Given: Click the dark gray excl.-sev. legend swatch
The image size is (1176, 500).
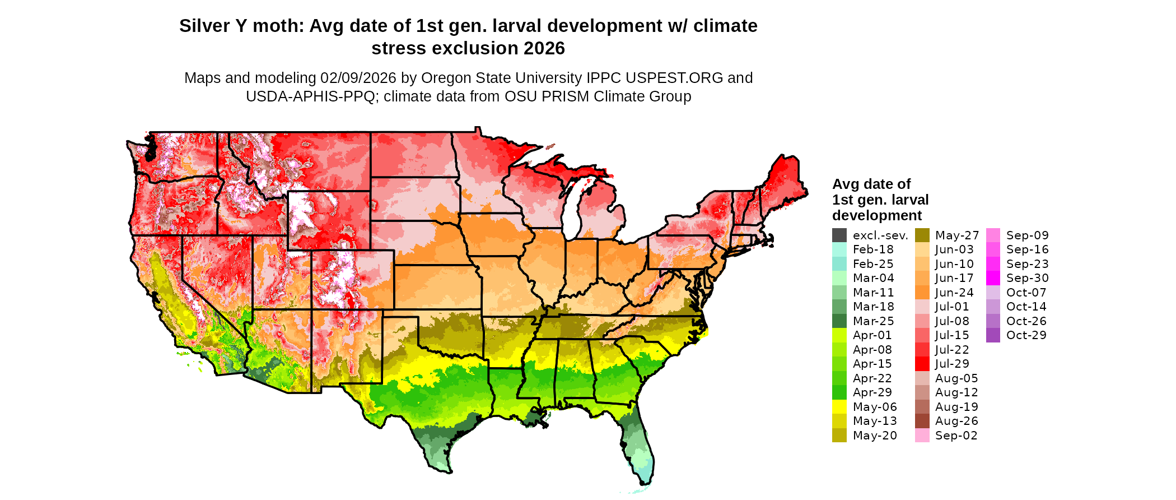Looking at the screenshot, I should pyautogui.click(x=839, y=235).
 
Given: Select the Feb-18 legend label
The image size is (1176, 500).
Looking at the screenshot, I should pyautogui.click(x=873, y=249).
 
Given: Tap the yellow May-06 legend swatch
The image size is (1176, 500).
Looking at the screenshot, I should pyautogui.click(x=839, y=407).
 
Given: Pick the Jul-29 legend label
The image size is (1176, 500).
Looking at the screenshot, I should pyautogui.click(x=952, y=364).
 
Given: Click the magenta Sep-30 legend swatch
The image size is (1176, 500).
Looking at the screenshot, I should pyautogui.click(x=993, y=278).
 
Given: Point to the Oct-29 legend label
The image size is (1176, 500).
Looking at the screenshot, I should pyautogui.click(x=1026, y=335).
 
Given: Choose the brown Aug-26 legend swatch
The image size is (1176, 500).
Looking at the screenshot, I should pyautogui.click(x=922, y=421).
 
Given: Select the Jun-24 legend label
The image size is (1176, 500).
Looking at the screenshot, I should pyautogui.click(x=954, y=293).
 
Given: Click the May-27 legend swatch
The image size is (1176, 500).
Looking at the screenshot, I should pyautogui.click(x=922, y=235).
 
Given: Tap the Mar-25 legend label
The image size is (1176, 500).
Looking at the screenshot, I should pyautogui.click(x=874, y=321).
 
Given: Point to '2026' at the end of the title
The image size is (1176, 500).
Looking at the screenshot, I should pyautogui.click(x=544, y=48).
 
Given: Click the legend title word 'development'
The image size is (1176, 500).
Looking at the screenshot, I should pyautogui.click(x=877, y=215).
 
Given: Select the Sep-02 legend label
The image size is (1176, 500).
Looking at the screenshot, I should pyautogui.click(x=956, y=436).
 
